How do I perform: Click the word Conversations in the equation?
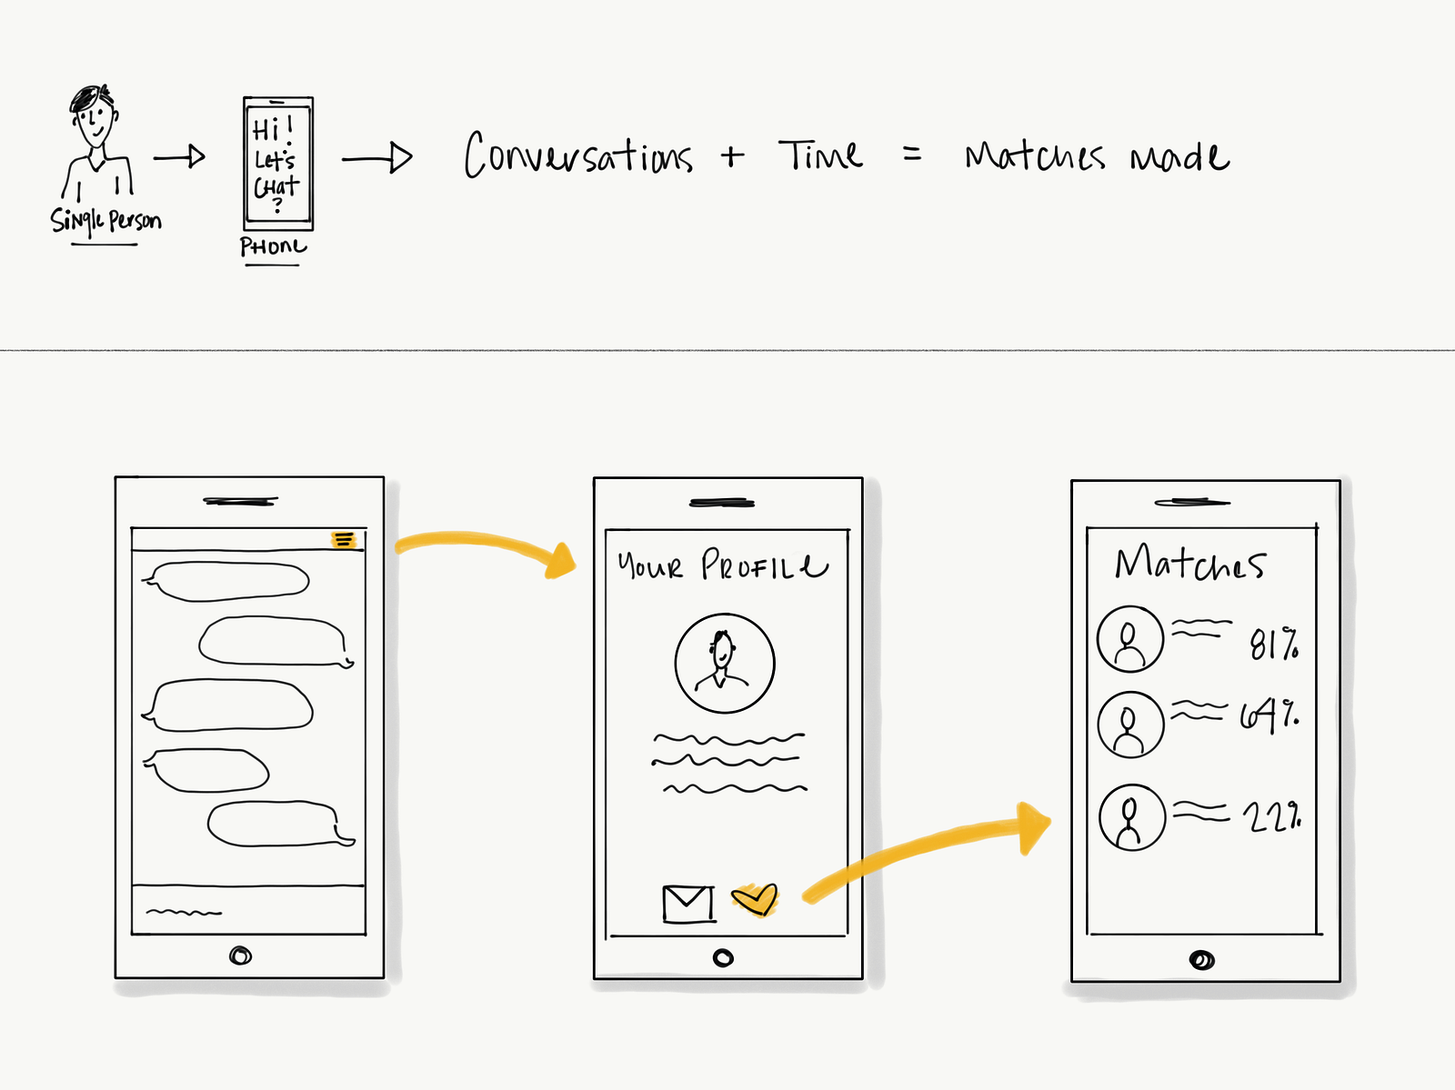(x=578, y=156)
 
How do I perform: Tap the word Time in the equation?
(x=820, y=155)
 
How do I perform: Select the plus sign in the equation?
(x=732, y=156)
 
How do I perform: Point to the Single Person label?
(x=105, y=221)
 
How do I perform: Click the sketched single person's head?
(x=94, y=115)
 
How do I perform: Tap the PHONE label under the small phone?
(x=273, y=246)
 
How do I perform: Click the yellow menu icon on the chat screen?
(x=343, y=540)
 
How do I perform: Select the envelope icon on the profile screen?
(x=687, y=904)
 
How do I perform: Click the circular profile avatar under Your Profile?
(x=724, y=663)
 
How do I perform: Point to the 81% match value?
(x=1274, y=644)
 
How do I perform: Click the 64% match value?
(x=1269, y=716)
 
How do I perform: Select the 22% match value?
(x=1271, y=817)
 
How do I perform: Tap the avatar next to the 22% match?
(x=1131, y=817)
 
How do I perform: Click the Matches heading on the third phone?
(x=1189, y=564)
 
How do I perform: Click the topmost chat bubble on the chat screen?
(x=227, y=582)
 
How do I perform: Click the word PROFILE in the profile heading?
(x=764, y=565)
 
